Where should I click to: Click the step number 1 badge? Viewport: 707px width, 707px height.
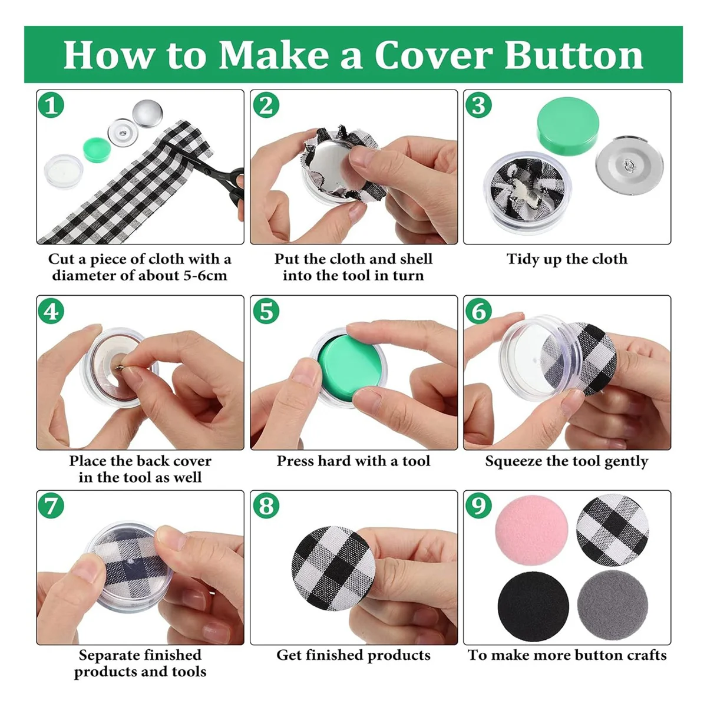(x=51, y=105)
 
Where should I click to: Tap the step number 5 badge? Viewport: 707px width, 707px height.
(x=266, y=311)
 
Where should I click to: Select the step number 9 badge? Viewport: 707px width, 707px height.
(x=478, y=506)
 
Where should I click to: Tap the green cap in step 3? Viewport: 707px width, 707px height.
(x=568, y=124)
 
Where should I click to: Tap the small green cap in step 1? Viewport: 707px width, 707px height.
(x=97, y=150)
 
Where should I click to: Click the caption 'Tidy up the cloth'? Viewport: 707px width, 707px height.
(x=567, y=259)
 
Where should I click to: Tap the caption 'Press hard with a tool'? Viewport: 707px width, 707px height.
(x=353, y=461)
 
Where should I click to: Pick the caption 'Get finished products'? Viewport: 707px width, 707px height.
(x=353, y=655)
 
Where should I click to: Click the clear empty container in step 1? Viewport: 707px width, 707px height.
(x=64, y=170)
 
